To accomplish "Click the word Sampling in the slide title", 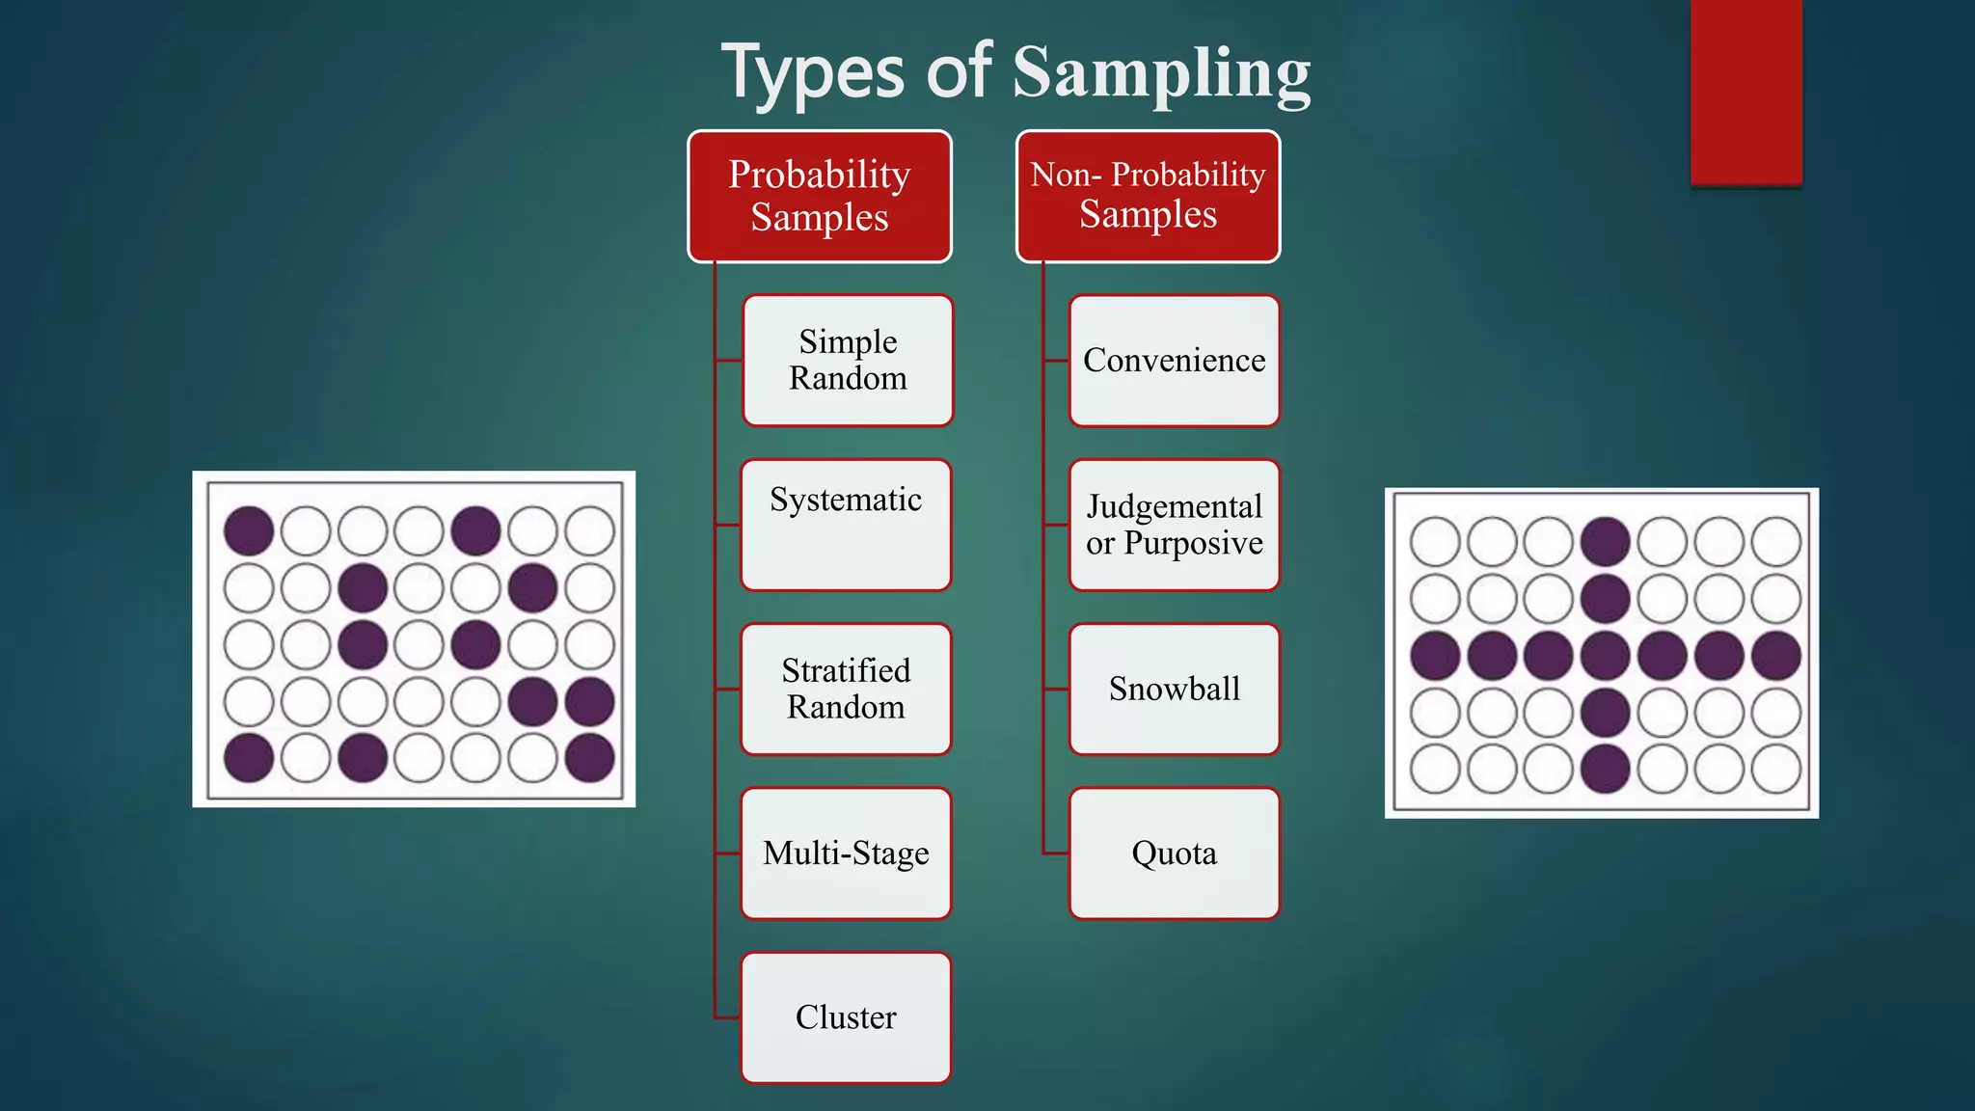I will (1161, 73).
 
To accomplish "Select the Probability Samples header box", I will (820, 196).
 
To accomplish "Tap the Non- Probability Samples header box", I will (1148, 196).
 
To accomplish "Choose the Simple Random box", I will (848, 360).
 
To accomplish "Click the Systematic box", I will (846, 525).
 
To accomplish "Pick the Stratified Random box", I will (846, 689).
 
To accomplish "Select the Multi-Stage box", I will (846, 854).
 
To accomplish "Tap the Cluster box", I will (846, 1017).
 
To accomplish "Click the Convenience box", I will (1174, 360).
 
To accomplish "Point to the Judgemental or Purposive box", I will (1174, 525).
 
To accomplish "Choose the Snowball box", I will (1174, 689).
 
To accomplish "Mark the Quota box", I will (1174, 854).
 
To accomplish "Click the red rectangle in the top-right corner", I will (1745, 92).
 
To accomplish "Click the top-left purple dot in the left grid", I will (249, 530).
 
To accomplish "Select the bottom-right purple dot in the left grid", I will (590, 758).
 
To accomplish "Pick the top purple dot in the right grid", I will (1606, 541).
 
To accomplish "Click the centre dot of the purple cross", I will (1606, 656).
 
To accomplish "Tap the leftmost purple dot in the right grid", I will (1435, 656).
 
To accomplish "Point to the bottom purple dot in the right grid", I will (1606, 770).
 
